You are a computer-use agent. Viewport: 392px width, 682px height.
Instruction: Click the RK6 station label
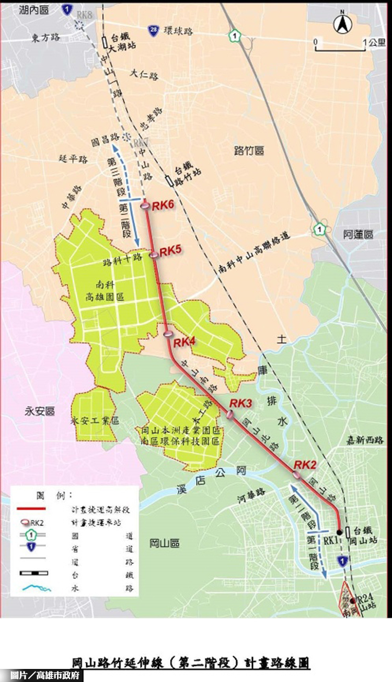163,206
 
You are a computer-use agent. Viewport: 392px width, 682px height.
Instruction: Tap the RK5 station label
170,251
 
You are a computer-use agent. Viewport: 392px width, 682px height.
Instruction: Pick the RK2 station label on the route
305,464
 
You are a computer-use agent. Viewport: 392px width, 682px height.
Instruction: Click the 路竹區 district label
249,151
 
